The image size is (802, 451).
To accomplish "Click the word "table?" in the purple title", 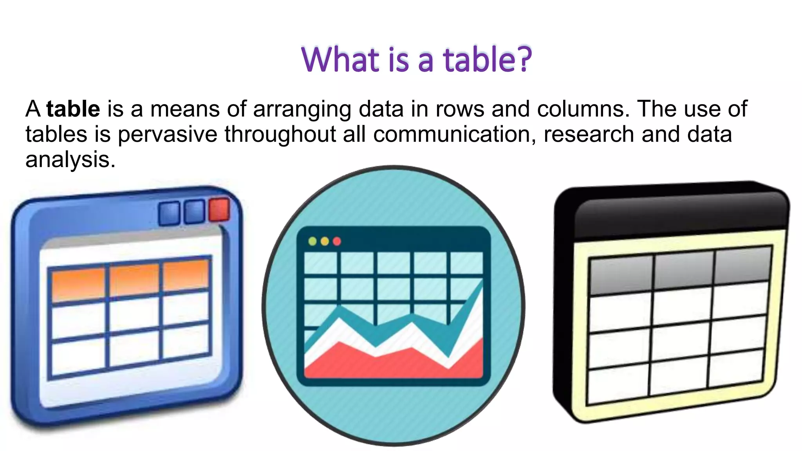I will click(487, 60).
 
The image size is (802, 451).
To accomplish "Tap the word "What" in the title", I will click(340, 60).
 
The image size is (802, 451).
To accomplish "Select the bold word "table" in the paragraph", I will click(73, 109).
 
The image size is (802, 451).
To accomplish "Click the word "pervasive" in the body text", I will click(168, 134).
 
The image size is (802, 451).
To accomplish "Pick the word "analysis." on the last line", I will click(70, 160).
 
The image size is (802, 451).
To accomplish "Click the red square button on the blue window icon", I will click(219, 209).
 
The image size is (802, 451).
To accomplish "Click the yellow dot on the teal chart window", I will click(325, 241).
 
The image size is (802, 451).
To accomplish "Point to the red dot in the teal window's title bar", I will click(337, 241).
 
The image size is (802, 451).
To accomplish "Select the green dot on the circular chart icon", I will click(312, 241).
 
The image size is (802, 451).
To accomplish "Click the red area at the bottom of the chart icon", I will click(392, 364).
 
